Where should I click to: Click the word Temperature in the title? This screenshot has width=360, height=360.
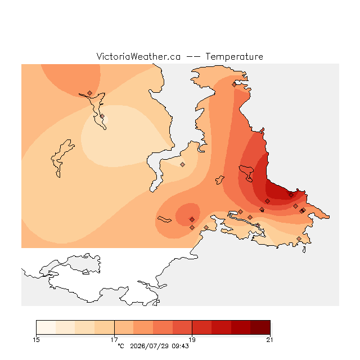coord(234,56)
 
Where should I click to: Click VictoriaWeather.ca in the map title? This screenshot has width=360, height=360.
coord(138,56)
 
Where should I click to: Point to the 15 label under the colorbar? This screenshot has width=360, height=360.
coord(36,340)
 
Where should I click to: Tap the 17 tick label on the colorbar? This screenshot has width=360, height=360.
coord(114,340)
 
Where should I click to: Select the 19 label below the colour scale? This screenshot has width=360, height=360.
coord(192,340)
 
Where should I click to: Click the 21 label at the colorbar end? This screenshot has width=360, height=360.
coord(270,340)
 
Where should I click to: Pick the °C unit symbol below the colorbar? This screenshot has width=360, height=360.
coord(121,346)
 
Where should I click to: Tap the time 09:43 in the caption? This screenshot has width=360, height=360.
coord(180,346)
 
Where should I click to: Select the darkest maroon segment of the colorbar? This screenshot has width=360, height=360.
coord(260,327)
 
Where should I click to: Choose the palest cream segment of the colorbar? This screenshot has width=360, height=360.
coord(46,327)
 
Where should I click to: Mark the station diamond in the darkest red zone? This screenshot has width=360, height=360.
coord(291,195)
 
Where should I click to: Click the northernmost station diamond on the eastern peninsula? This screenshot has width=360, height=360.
coord(234,85)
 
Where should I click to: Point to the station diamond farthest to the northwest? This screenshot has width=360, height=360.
coord(89,93)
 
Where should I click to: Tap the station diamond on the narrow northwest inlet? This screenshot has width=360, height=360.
coord(102,116)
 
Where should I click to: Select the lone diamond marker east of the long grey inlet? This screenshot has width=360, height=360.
coord(182,164)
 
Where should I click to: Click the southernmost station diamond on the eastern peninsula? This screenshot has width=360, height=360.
coord(299,238)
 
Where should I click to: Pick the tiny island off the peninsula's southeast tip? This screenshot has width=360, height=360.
coord(304,250)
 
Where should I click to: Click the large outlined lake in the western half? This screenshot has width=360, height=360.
coord(61,158)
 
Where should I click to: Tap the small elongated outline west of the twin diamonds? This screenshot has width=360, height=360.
coord(164,219)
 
